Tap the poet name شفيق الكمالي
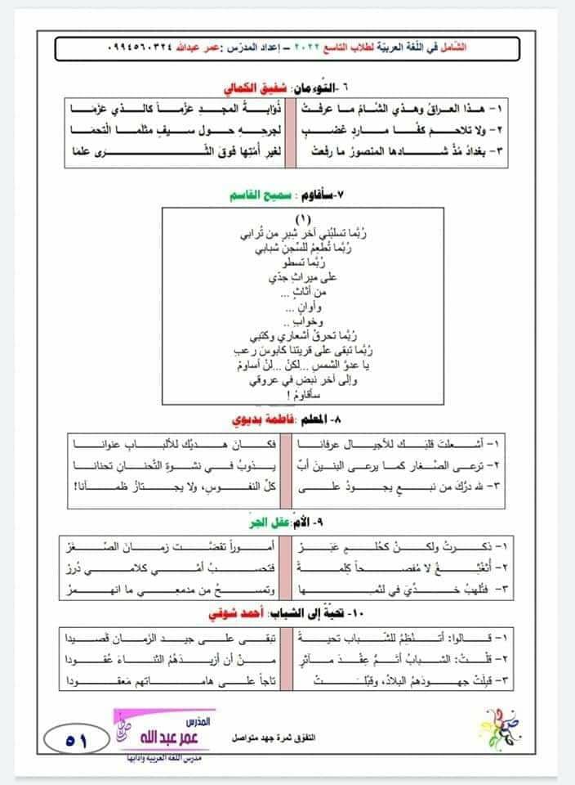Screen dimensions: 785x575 [x=256, y=87]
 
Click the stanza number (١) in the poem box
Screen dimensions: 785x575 [x=303, y=219]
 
